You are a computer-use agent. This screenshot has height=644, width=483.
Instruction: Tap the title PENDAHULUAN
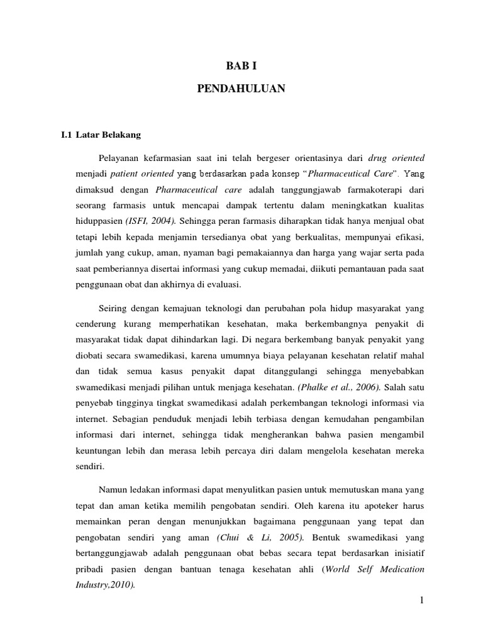[x=241, y=89]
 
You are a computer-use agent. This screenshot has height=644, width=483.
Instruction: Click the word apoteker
[x=386, y=487]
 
